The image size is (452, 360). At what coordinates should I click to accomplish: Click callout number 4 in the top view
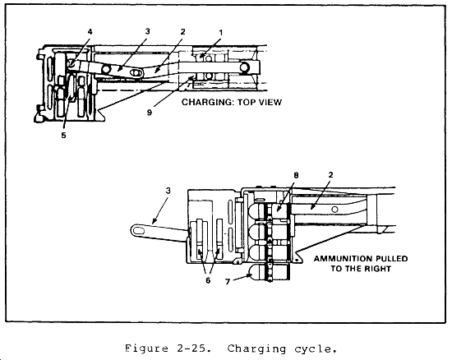90,32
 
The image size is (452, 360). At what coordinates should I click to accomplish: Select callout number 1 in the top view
221,33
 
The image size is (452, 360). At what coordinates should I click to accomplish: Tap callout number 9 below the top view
150,113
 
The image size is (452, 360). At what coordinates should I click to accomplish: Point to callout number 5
63,135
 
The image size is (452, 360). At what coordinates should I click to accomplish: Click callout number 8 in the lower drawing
296,175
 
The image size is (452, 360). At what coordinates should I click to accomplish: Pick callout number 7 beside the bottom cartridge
228,282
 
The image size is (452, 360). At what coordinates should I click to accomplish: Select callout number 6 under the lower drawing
208,280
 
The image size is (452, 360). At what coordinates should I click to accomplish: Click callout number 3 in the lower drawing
168,191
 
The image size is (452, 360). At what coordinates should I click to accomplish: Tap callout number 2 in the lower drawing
330,175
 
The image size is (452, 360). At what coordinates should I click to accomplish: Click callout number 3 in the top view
148,31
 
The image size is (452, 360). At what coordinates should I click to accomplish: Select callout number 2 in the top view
182,32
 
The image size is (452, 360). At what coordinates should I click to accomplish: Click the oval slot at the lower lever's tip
139,231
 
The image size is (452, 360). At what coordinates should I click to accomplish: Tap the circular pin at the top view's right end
244,67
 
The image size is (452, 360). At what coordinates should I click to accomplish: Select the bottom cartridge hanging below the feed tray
270,272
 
